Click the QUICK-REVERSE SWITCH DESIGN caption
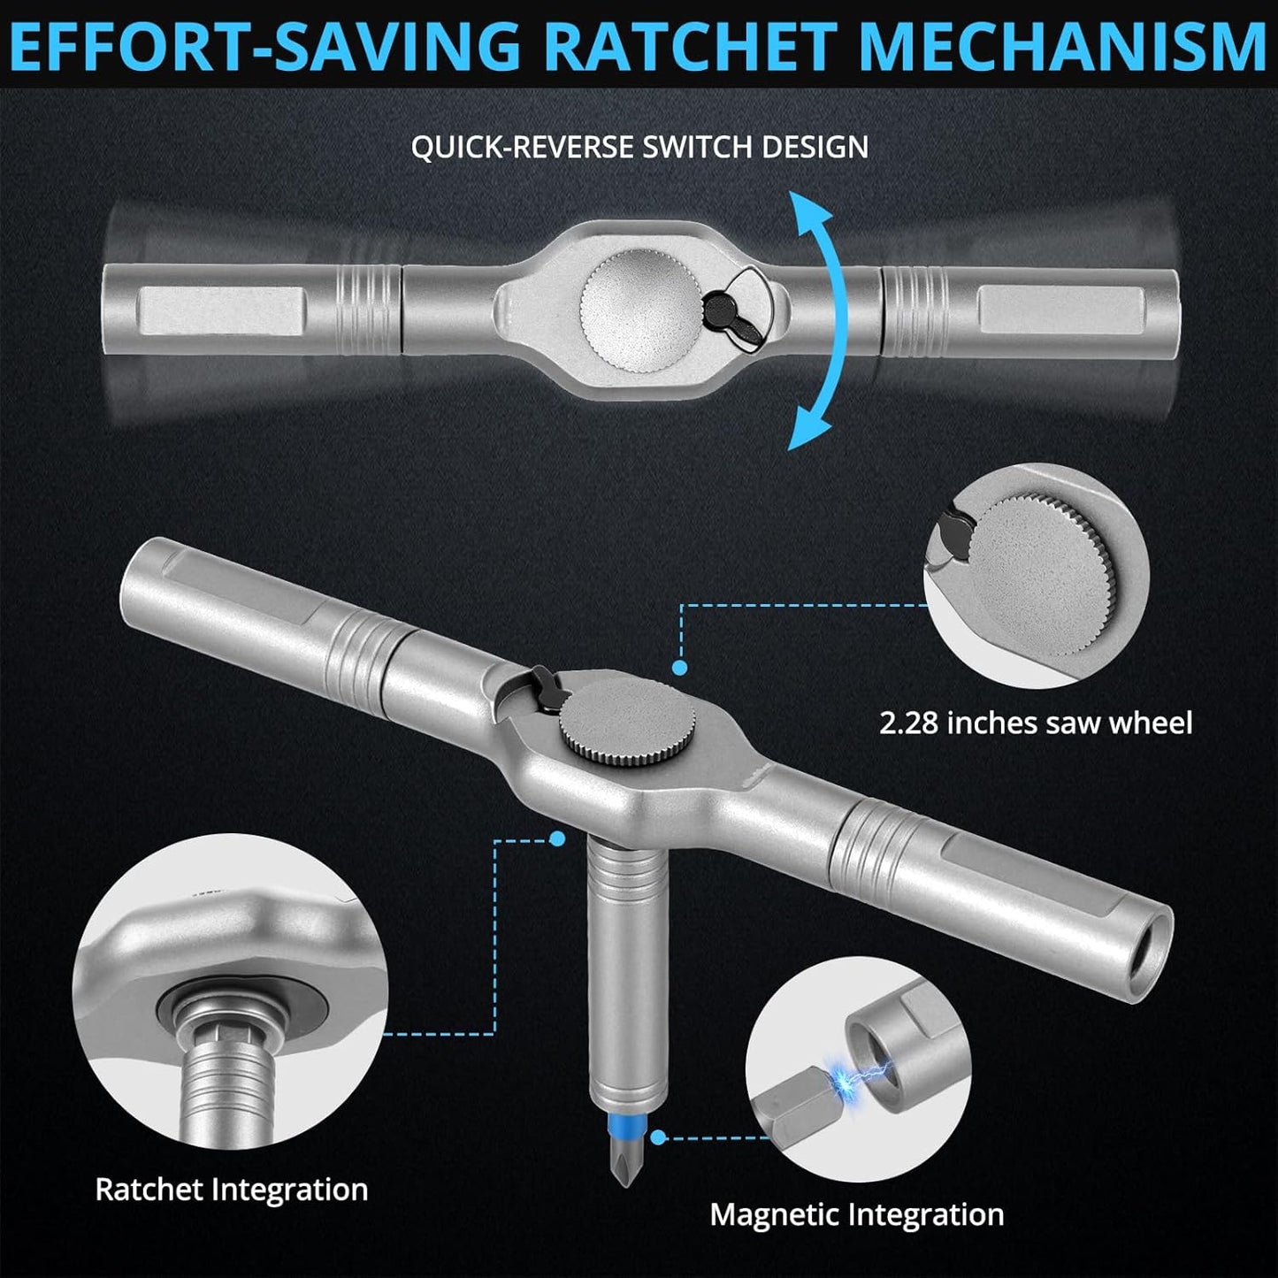point(639,147)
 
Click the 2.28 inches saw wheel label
point(1036,723)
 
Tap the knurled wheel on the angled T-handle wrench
point(627,728)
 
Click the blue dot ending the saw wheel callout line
point(679,668)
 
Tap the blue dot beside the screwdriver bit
point(658,1137)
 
